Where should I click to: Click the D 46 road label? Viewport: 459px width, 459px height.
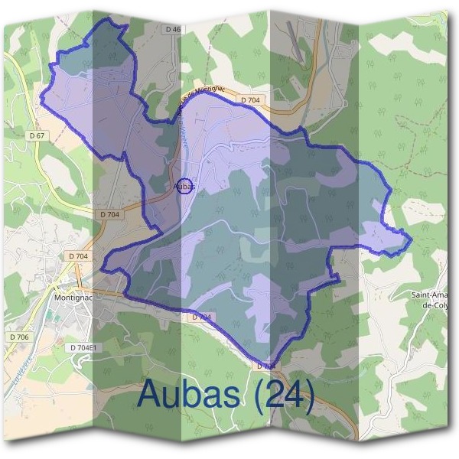tap(174, 29)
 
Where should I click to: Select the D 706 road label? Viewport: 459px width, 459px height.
tap(19, 337)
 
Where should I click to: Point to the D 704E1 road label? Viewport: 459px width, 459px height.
tap(83, 347)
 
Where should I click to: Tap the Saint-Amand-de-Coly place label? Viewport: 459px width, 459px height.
tap(430, 299)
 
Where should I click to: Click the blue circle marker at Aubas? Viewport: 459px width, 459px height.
tap(184, 185)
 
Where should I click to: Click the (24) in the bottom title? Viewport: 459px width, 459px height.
tap(285, 396)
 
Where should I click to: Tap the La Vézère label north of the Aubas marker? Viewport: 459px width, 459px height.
tap(187, 138)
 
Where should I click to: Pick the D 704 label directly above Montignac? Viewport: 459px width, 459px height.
tap(78, 256)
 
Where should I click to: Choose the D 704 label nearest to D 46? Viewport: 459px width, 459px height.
tap(250, 99)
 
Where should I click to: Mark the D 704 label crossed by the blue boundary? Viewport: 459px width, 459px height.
tap(265, 366)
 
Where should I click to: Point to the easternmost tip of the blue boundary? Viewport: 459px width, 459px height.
tap(412, 240)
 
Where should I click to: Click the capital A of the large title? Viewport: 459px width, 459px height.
tap(151, 395)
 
